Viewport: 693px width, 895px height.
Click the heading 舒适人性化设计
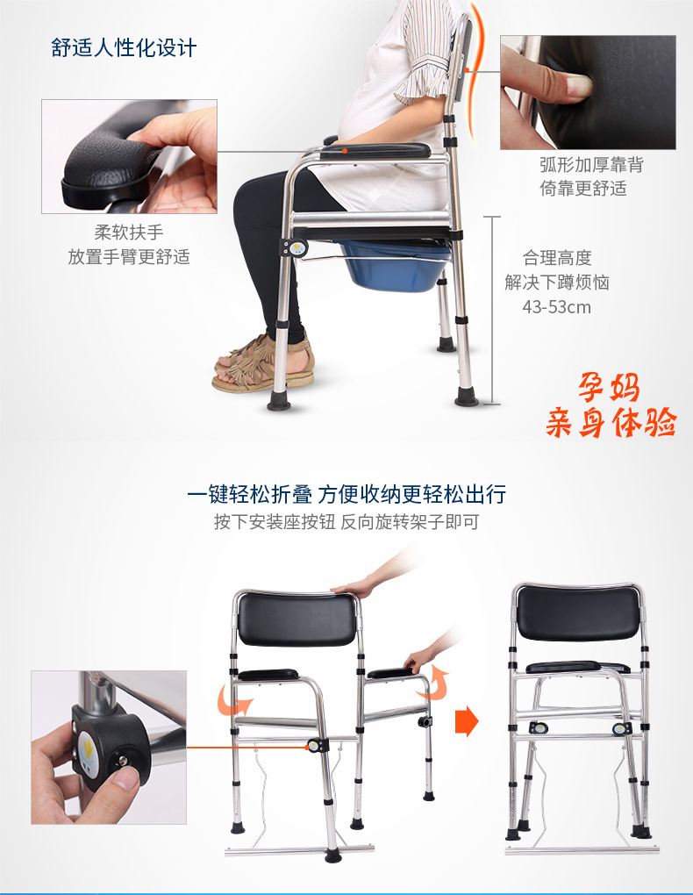click(x=124, y=48)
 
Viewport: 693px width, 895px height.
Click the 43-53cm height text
click(x=556, y=307)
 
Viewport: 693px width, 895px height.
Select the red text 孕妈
click(x=609, y=388)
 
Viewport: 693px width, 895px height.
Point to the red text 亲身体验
click(x=611, y=422)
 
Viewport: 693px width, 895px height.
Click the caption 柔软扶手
click(x=129, y=233)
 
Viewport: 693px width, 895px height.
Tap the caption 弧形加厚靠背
click(x=591, y=165)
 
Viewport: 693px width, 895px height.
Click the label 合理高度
click(x=557, y=258)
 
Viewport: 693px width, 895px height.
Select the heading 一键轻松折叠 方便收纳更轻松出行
click(x=346, y=494)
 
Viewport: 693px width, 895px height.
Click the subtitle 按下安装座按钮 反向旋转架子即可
click(x=346, y=522)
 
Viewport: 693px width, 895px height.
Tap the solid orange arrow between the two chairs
click(x=467, y=721)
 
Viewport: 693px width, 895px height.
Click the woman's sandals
click(x=264, y=363)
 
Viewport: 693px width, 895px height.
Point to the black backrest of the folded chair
click(x=578, y=612)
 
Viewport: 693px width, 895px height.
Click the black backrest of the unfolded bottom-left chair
click(x=296, y=619)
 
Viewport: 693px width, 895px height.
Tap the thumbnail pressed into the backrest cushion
click(x=578, y=86)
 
